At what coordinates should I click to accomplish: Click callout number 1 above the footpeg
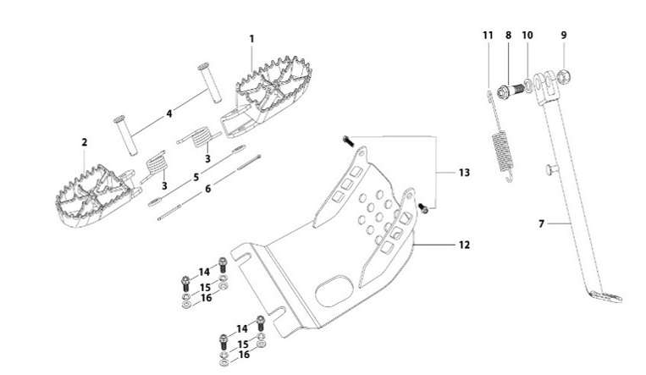click(x=251, y=39)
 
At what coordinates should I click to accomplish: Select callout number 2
click(x=85, y=142)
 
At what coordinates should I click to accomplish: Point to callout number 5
click(x=196, y=177)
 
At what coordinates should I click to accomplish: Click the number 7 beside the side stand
click(x=541, y=223)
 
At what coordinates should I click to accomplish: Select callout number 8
click(x=508, y=36)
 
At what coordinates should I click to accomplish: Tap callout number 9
click(x=563, y=36)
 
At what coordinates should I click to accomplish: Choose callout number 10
click(x=527, y=36)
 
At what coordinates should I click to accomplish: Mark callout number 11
click(x=488, y=36)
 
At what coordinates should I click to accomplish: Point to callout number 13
click(x=463, y=172)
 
